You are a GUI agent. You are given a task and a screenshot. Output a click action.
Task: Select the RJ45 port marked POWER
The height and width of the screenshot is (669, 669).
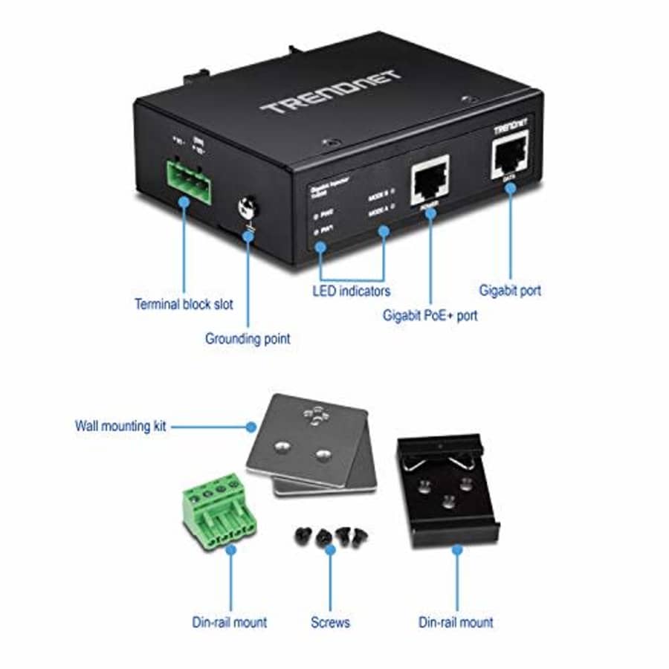429,179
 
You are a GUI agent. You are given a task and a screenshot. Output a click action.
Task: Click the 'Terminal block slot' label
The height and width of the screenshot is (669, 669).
183,303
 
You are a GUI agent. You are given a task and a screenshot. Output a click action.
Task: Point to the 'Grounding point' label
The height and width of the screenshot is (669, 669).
248,338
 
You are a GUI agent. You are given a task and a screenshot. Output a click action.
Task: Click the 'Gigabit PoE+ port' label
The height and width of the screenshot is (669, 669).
430,314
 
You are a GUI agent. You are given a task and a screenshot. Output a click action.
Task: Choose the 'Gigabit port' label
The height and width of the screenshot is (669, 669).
510,291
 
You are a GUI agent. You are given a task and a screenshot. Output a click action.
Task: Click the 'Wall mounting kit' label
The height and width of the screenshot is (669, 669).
120,427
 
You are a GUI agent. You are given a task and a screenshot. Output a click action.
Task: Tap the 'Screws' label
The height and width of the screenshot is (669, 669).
330,621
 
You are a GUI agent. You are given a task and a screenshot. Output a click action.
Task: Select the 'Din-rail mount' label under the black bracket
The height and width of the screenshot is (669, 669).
456,621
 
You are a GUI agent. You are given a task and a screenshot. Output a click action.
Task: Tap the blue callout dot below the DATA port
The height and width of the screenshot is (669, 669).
510,190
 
